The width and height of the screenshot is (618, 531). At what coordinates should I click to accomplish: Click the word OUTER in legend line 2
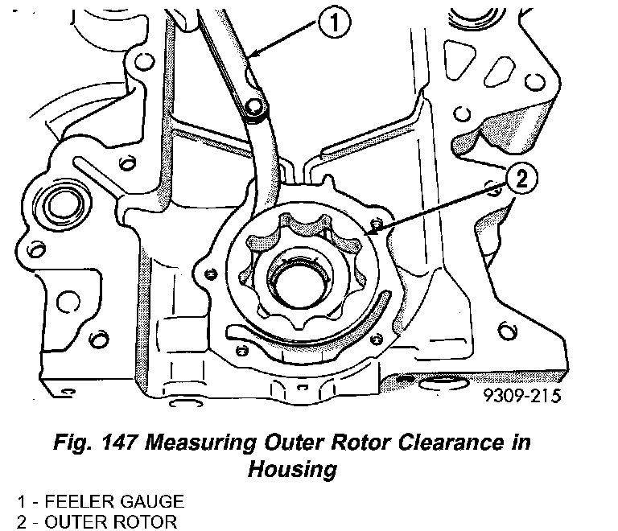coord(70,521)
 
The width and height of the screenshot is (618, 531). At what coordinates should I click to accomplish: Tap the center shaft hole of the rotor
coord(297,278)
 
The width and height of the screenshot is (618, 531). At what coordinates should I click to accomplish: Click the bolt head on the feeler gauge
coord(256,109)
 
